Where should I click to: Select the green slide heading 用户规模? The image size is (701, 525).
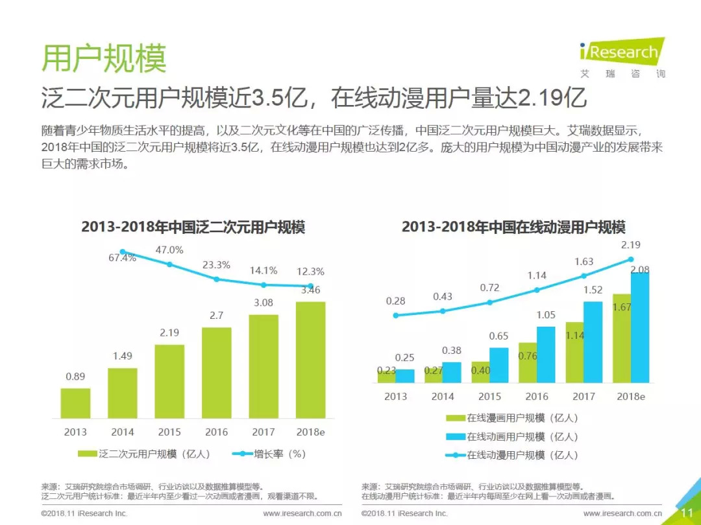pyautogui.click(x=104, y=59)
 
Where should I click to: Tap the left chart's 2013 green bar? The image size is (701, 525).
pyautogui.click(x=75, y=403)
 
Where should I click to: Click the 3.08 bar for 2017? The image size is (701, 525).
pyautogui.click(x=264, y=366)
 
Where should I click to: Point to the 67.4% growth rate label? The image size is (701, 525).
pyautogui.click(x=122, y=258)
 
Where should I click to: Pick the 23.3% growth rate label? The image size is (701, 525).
pyautogui.click(x=216, y=264)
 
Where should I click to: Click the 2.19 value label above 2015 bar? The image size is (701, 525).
pyautogui.click(x=169, y=332)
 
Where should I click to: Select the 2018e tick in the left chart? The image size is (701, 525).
pyautogui.click(x=310, y=432)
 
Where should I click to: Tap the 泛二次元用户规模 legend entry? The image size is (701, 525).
pyautogui.click(x=144, y=454)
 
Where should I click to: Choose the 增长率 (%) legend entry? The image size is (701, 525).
pyautogui.click(x=269, y=454)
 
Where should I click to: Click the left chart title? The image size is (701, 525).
pyautogui.click(x=193, y=227)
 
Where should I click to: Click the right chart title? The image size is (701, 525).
pyautogui.click(x=513, y=227)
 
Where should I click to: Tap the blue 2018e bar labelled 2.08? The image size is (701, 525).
pyautogui.click(x=640, y=327)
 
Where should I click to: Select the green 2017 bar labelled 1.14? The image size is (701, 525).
pyautogui.click(x=574, y=353)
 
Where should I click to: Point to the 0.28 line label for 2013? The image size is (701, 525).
pyautogui.click(x=395, y=301)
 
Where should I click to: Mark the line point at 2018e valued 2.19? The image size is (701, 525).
pyautogui.click(x=630, y=259)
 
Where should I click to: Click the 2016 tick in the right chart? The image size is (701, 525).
pyautogui.click(x=537, y=396)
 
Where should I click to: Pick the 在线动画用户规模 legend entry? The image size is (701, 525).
pyautogui.click(x=513, y=437)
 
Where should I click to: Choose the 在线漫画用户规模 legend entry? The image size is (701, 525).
pyautogui.click(x=513, y=419)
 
